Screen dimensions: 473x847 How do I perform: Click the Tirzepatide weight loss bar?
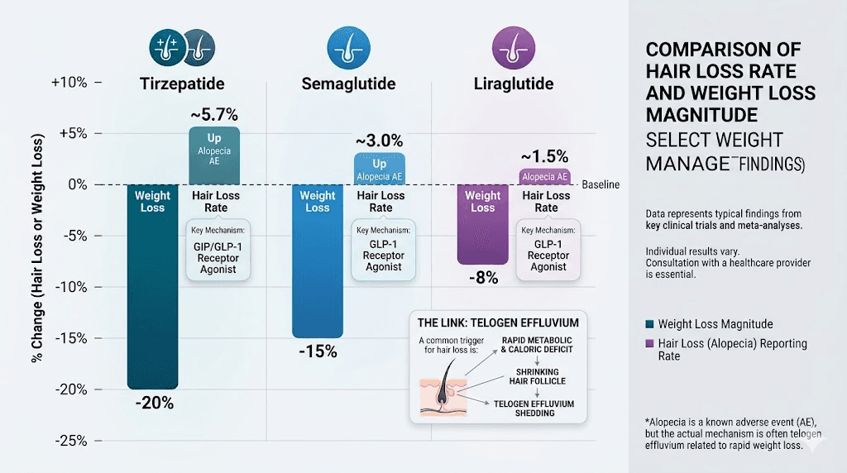(x=152, y=289)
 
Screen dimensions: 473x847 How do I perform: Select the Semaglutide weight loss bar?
(x=318, y=265)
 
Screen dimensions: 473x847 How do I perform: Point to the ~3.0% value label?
(x=380, y=140)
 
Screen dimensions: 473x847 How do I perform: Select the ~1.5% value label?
(x=544, y=155)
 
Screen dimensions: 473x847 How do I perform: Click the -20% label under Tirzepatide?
(x=153, y=403)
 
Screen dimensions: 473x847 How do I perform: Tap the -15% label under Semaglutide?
(x=318, y=351)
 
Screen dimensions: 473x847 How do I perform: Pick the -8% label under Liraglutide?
(x=482, y=278)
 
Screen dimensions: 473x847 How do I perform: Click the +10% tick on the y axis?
(x=69, y=83)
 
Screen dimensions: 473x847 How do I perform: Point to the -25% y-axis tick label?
(x=69, y=440)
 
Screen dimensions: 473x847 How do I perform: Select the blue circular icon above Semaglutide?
(x=347, y=46)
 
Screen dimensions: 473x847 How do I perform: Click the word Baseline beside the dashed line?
(x=601, y=185)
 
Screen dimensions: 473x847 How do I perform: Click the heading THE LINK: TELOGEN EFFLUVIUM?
(x=498, y=322)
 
